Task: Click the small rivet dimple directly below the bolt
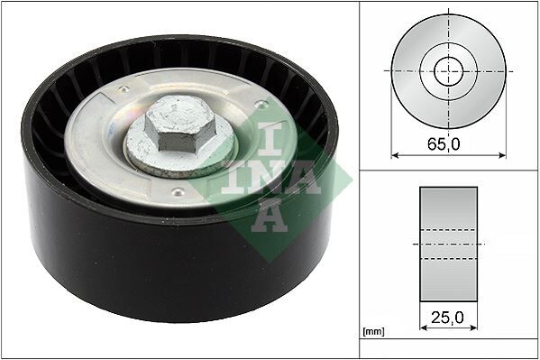(x=178, y=191)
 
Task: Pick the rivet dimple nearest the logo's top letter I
(x=261, y=106)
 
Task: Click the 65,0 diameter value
(x=448, y=143)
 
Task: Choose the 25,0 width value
(x=448, y=317)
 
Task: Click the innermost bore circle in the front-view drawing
(x=448, y=71)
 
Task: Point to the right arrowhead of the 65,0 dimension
(x=501, y=154)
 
